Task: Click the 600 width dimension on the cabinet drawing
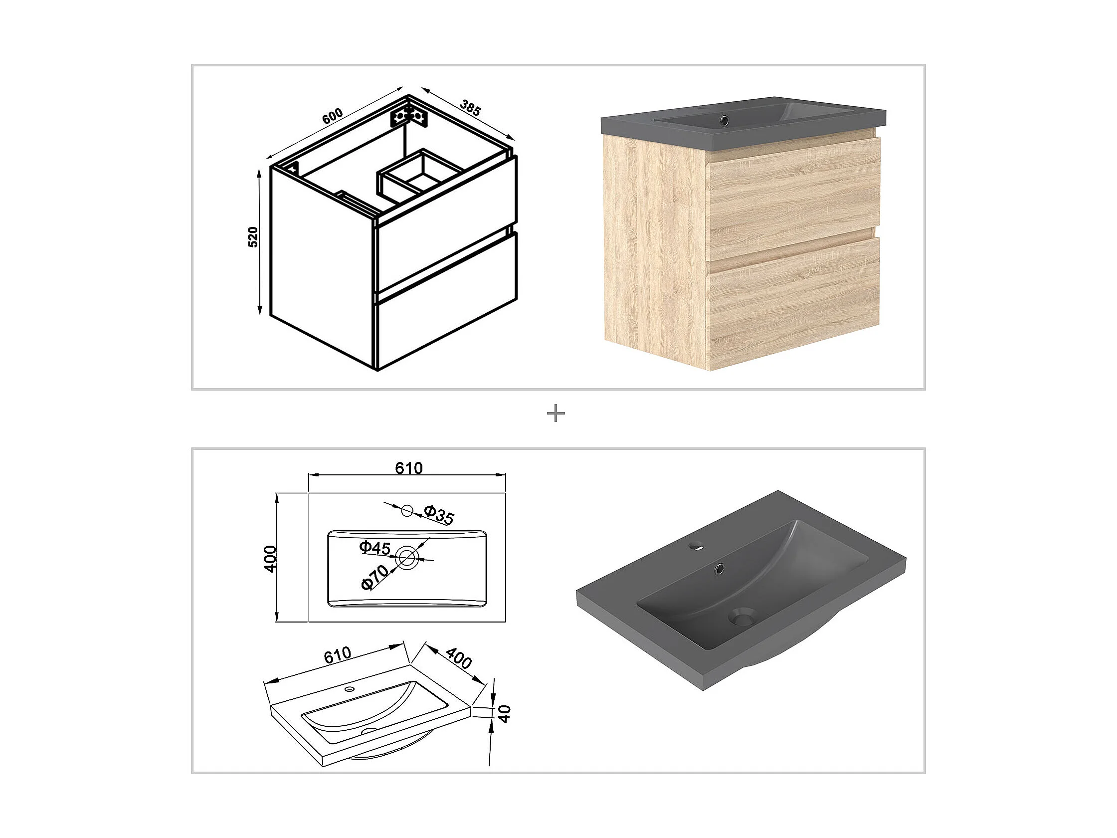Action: [333, 116]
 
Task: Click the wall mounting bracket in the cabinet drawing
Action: [409, 117]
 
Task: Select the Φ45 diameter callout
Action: [374, 547]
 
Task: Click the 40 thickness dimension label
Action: [505, 714]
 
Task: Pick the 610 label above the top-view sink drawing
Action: [408, 468]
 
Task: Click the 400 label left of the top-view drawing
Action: [271, 559]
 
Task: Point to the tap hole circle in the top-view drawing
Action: [407, 510]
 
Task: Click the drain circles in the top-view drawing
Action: [406, 557]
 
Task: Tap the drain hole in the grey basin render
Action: [742, 617]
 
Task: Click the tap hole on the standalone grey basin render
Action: [697, 546]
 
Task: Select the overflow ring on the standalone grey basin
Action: [718, 569]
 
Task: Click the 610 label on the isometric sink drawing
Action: [337, 655]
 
